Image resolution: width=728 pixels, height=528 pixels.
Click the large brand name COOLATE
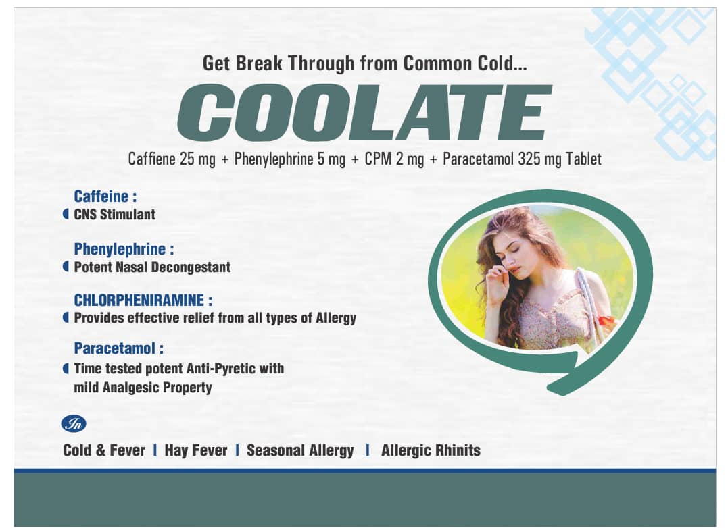(364, 113)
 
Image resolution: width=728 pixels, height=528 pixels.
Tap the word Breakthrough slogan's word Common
(432, 63)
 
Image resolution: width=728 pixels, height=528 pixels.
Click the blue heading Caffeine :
(105, 196)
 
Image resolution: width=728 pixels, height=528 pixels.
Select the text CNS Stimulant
(115, 214)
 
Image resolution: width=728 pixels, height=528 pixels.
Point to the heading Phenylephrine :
(124, 249)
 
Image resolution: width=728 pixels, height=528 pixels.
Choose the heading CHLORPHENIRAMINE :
(143, 300)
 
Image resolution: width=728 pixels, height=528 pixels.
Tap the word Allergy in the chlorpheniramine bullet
(336, 318)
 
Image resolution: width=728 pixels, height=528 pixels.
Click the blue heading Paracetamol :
(119, 348)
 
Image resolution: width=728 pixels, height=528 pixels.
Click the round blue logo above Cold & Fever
(74, 424)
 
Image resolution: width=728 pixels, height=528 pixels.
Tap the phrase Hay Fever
(196, 450)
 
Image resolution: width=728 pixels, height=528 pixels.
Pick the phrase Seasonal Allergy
(300, 450)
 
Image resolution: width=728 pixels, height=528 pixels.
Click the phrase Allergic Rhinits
(431, 450)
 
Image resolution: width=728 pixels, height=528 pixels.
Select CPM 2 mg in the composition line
(394, 159)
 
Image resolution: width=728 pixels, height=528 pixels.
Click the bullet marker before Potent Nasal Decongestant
(66, 267)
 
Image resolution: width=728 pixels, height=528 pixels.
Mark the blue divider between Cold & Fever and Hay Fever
(155, 450)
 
